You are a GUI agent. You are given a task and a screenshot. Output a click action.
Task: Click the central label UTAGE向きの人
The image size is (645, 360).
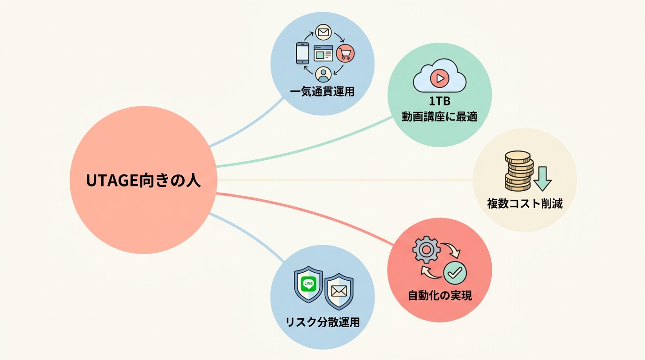coord(143,181)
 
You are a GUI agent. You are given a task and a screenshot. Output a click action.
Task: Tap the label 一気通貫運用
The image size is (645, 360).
coord(322,92)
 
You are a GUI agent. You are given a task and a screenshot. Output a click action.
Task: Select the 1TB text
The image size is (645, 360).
coord(440,101)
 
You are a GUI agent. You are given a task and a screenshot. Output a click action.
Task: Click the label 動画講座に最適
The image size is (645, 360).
coord(439,117)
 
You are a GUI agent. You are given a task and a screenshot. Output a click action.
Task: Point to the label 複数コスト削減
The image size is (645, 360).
coord(525,203)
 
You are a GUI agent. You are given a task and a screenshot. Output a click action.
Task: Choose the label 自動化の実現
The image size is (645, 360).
coord(440,295)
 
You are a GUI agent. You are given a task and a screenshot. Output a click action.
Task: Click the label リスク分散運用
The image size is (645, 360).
coord(322,322)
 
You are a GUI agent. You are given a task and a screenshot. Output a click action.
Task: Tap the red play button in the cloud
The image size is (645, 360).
coord(439,78)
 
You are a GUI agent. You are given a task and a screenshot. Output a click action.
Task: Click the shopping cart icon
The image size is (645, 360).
coord(345,53)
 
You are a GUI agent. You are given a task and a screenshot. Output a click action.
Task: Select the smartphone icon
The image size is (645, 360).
coord(303,53)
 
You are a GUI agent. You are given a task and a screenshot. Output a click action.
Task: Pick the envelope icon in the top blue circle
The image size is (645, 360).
coord(323,32)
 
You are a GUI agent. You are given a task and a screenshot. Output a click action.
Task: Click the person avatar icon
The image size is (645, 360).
coord(323,75)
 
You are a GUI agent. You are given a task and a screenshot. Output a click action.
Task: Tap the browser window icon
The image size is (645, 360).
coord(323,53)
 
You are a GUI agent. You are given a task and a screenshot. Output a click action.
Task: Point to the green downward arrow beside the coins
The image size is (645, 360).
coord(542,179)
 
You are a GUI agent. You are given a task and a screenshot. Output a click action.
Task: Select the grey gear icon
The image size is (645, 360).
coord(426,250)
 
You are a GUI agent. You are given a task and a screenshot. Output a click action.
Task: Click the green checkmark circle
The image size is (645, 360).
coord(455,273)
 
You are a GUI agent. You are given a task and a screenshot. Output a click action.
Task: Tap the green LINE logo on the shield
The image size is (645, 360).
coord(308,284)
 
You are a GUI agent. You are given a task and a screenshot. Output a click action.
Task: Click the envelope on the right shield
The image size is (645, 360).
coord(339,291)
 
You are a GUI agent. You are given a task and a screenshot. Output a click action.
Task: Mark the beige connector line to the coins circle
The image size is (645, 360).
coord(345,180)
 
